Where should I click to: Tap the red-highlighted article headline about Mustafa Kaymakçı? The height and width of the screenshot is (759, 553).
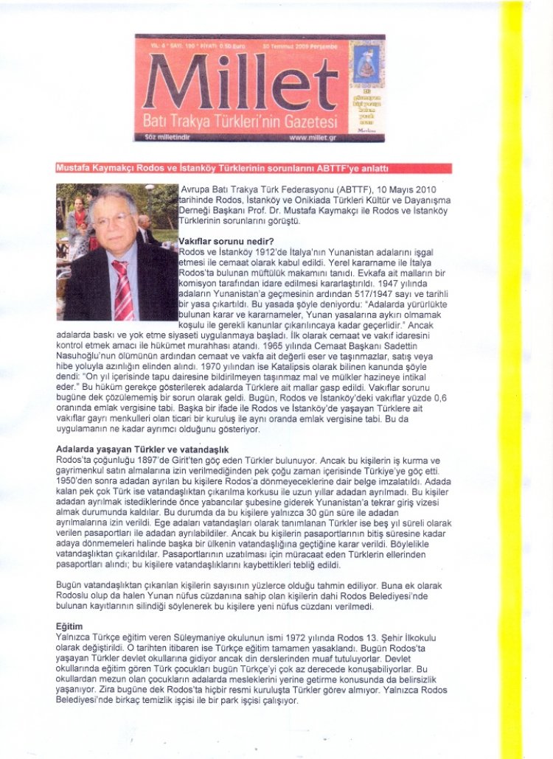[x=254, y=168]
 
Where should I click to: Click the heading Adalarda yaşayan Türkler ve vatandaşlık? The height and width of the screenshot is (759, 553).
[x=143, y=449]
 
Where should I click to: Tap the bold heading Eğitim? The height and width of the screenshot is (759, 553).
[x=70, y=624]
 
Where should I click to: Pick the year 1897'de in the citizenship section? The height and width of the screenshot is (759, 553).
[x=163, y=459]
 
